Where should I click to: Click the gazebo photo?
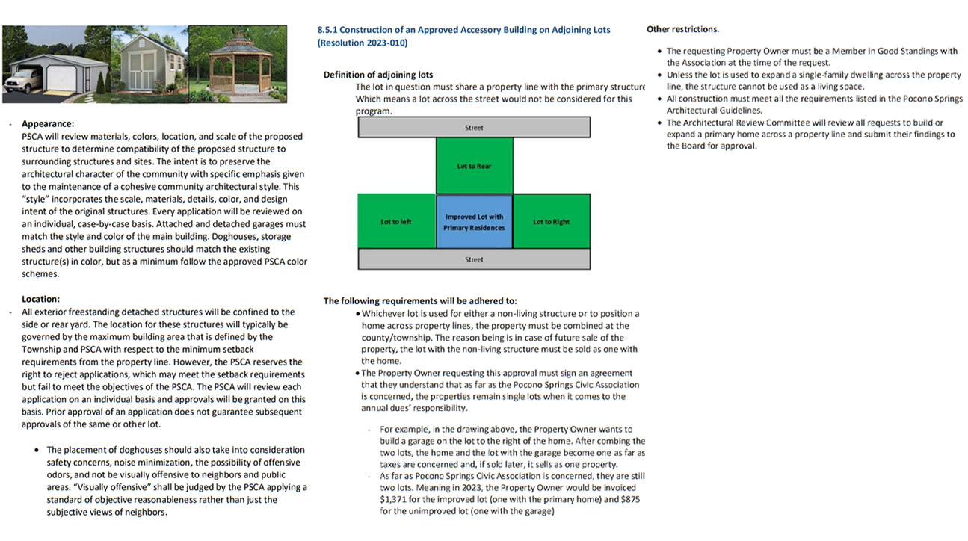237,65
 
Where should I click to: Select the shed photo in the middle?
149,64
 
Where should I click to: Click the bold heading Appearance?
48,124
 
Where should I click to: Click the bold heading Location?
40,300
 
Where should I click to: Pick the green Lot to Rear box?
474,166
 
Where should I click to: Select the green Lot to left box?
396,222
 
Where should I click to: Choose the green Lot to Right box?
551,222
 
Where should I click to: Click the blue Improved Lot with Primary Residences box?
474,222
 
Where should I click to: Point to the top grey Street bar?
474,128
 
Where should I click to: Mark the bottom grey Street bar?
474,259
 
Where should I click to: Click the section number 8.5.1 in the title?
328,30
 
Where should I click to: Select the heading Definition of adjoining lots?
377,75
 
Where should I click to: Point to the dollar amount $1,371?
392,500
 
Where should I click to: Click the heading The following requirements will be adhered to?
419,301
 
